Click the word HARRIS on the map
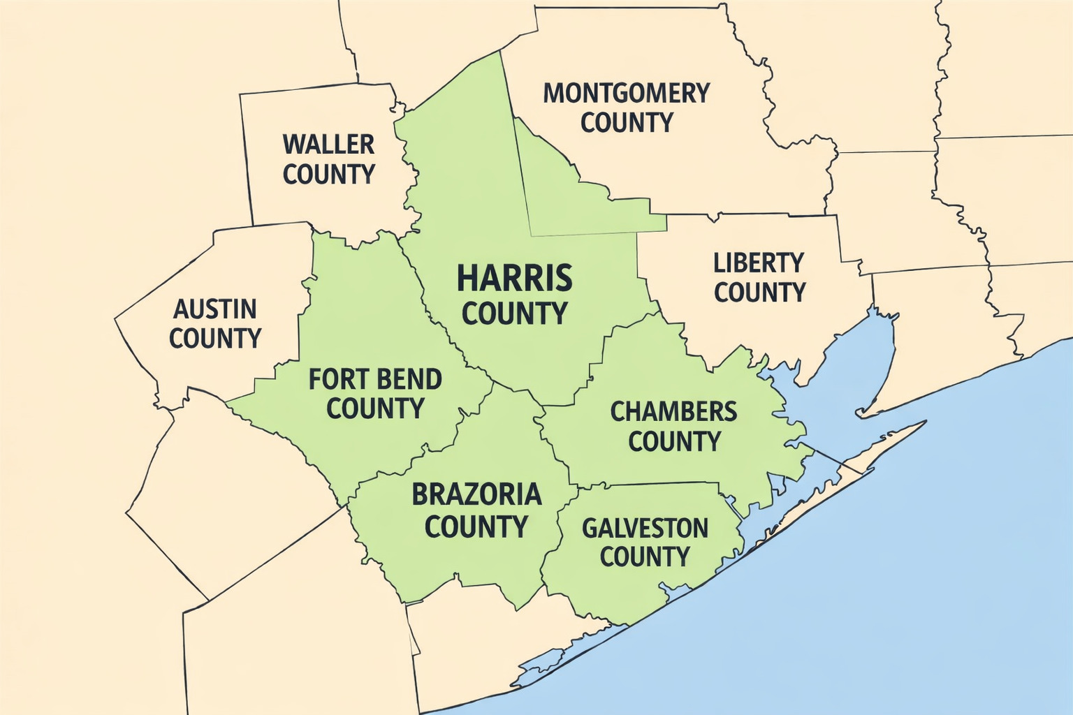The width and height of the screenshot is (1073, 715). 515,278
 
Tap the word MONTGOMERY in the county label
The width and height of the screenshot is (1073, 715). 626,93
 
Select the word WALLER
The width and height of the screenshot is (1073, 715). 328,145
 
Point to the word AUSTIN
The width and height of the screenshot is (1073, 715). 214,309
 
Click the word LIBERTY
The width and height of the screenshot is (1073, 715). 759,263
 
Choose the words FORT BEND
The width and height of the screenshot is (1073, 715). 375,379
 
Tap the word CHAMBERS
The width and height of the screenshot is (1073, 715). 673,411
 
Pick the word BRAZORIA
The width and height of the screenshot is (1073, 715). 476,494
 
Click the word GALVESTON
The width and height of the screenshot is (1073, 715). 645,528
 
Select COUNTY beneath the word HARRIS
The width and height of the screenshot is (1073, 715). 515,314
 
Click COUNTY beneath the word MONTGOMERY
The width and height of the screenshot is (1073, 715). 626,123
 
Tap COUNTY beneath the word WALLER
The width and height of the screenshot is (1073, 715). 328,174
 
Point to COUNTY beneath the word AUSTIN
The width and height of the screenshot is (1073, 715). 214,339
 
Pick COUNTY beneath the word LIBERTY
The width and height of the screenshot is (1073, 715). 759,293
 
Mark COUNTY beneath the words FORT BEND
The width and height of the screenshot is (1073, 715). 375,408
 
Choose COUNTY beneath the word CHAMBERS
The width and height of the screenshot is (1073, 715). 674,441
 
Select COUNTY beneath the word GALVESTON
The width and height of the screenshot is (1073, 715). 645,557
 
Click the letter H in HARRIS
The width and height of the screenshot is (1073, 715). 467,278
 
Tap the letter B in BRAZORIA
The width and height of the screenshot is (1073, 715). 420,494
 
